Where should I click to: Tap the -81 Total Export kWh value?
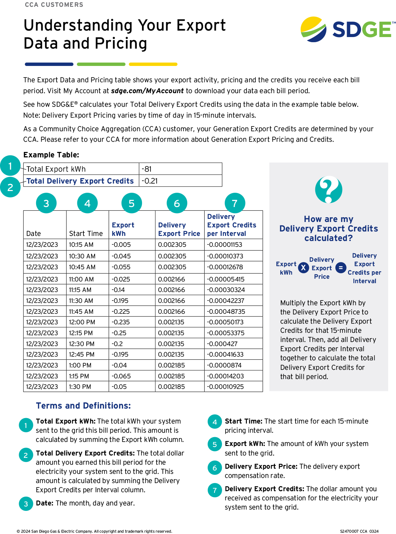147,169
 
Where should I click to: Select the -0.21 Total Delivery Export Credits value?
150,181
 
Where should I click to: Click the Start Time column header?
86,234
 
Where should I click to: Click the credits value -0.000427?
222,344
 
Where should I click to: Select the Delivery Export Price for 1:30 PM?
171,386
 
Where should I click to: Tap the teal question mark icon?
329,189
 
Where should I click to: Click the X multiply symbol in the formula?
303,268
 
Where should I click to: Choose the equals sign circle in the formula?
340,268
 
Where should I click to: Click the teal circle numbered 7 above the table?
235,203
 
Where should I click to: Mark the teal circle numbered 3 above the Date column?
46,203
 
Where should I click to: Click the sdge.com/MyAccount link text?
147,91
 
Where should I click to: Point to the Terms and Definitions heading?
83,406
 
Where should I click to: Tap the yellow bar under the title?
153,64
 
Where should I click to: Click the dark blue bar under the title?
49,64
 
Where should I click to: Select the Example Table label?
51,155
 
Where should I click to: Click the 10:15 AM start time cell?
82,245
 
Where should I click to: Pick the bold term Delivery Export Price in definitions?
261,466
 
